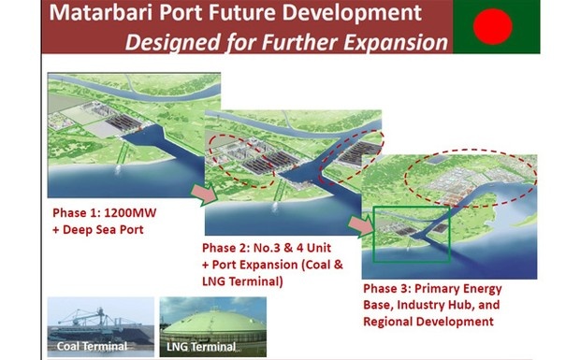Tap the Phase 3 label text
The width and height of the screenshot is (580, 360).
tap(388, 287)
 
